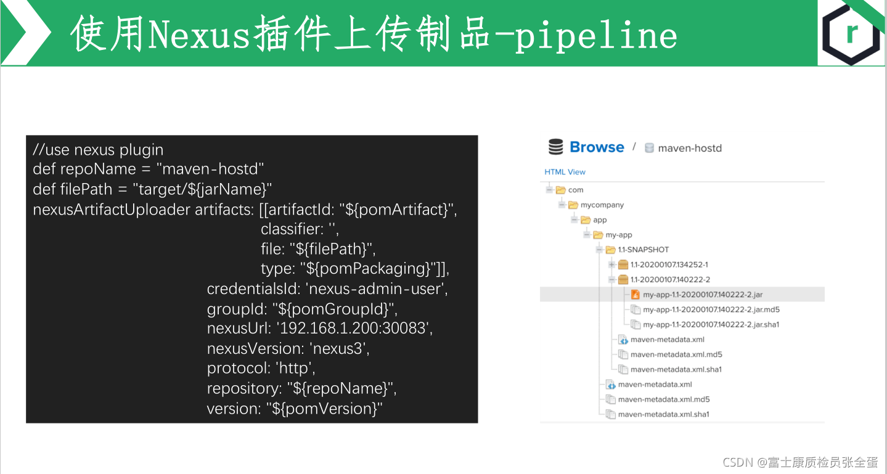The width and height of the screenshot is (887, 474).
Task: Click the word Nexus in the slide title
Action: tap(199, 35)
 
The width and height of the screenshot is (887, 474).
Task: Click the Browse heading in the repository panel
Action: tap(597, 147)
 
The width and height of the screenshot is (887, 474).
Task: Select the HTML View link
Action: tap(565, 172)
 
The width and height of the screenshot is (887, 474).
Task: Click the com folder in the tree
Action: tap(575, 190)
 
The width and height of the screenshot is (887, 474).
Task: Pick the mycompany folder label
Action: tap(602, 205)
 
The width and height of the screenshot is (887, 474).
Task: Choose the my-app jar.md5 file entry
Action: tap(711, 309)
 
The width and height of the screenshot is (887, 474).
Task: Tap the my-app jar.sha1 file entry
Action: tap(711, 324)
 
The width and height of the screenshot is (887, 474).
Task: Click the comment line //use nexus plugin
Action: tap(98, 150)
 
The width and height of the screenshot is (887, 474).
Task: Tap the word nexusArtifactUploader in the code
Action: tap(112, 210)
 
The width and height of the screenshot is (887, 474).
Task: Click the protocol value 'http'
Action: tap(295, 368)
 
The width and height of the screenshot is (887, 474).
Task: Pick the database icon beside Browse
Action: tap(555, 147)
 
